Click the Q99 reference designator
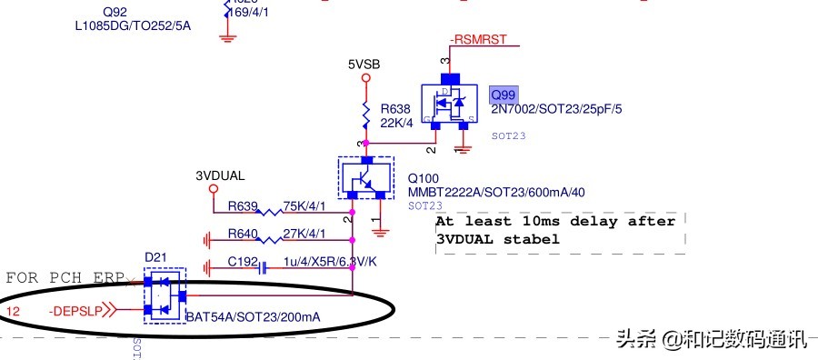coord(503,95)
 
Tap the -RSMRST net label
coord(479,40)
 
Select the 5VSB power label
coord(364,65)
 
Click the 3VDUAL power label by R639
coord(220,175)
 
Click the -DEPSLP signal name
coord(76,311)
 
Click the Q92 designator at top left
coord(88,11)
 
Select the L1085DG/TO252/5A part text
coord(133,25)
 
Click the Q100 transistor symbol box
coord(365,176)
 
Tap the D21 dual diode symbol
coord(165,295)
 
